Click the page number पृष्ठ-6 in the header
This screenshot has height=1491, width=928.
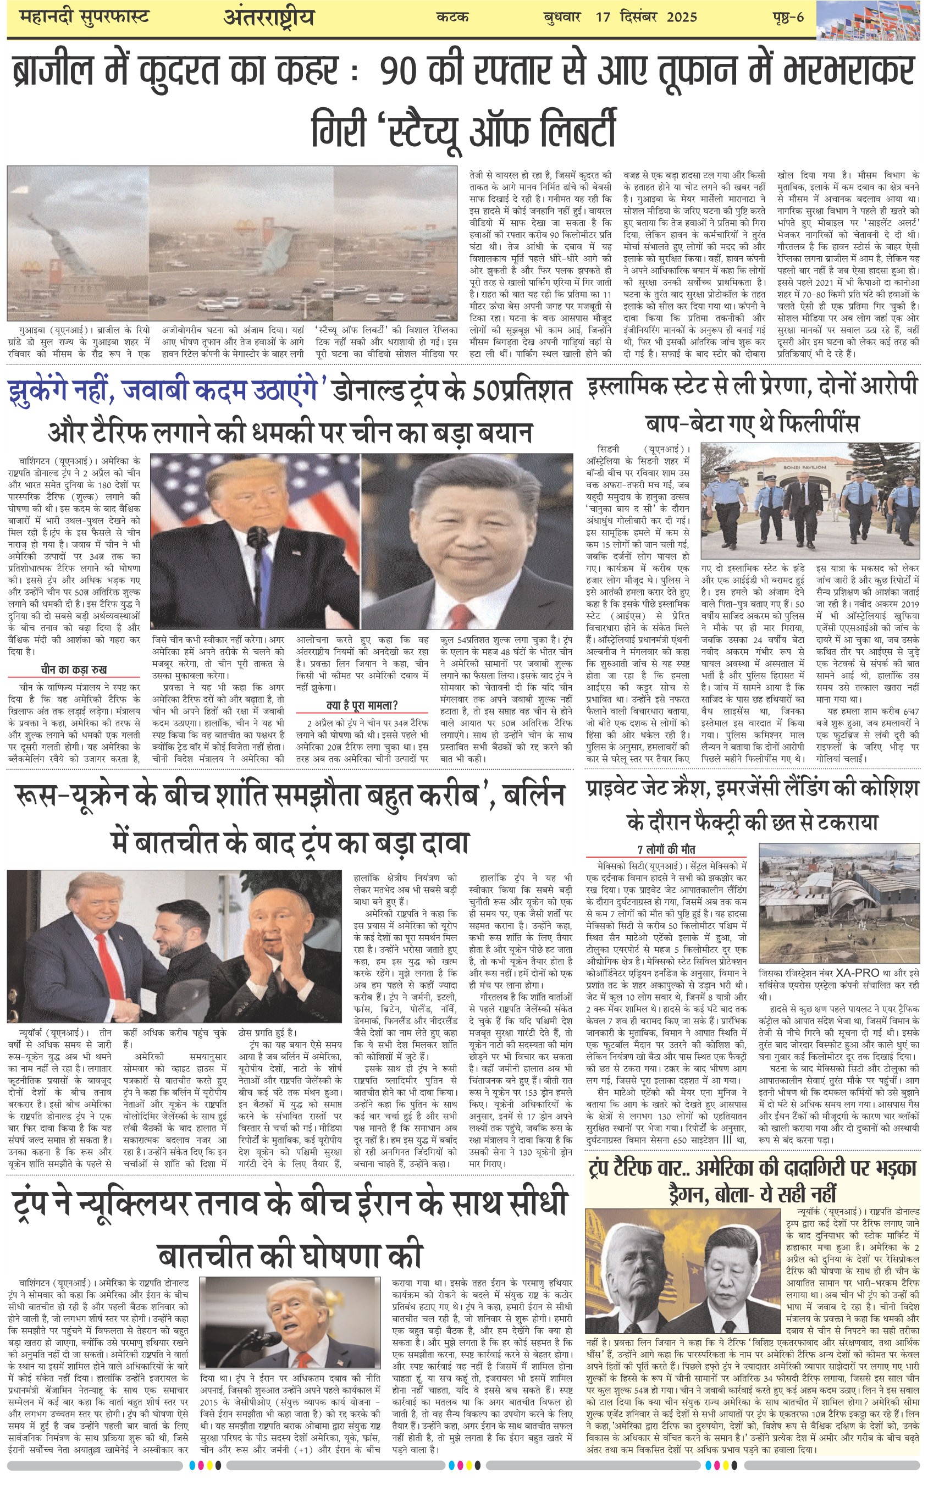(x=788, y=16)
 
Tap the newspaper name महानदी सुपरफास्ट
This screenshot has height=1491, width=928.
(x=84, y=16)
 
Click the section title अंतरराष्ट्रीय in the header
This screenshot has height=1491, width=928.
(x=269, y=17)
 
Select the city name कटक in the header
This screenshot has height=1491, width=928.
(x=452, y=16)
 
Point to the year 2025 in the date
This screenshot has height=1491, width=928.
(x=682, y=16)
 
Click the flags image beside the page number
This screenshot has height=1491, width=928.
(x=871, y=20)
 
